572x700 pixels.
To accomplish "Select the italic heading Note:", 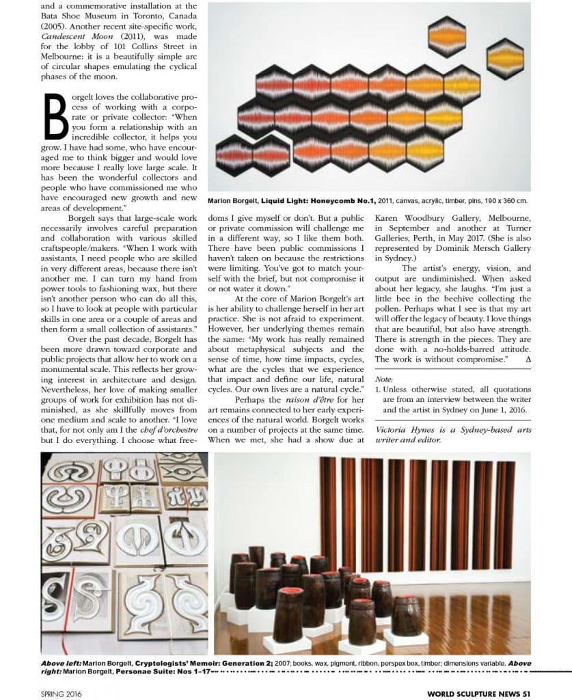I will pyautogui.click(x=385, y=378).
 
